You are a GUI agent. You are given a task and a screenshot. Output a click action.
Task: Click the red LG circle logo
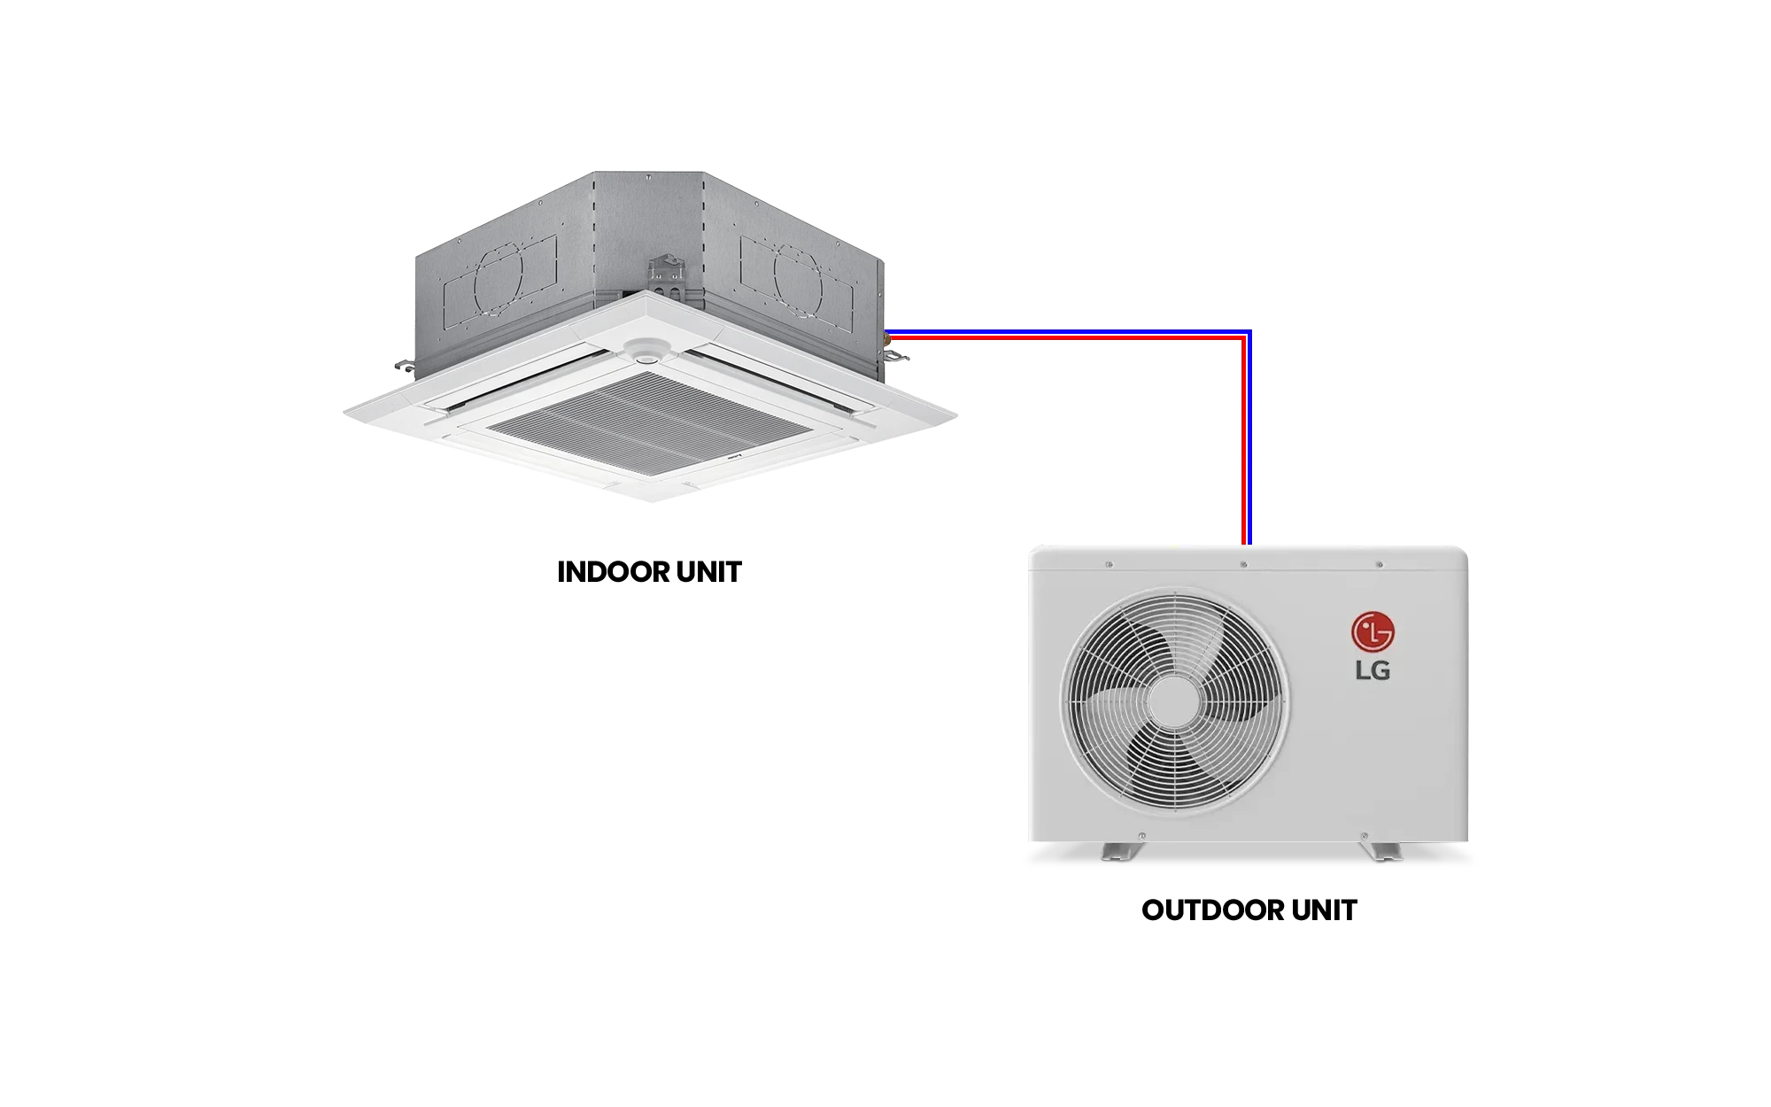(x=1372, y=632)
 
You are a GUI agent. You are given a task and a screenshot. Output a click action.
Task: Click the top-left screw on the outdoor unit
(x=1110, y=564)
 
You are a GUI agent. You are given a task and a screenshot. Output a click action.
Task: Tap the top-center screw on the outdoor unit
(x=1244, y=564)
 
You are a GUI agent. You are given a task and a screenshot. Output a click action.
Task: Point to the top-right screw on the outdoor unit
(x=1379, y=564)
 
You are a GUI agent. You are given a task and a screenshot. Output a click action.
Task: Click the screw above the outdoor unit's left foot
(x=1141, y=833)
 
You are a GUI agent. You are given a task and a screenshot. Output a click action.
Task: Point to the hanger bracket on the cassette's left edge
(x=403, y=363)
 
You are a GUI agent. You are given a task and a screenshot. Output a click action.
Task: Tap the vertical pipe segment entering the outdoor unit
(x=1248, y=443)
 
